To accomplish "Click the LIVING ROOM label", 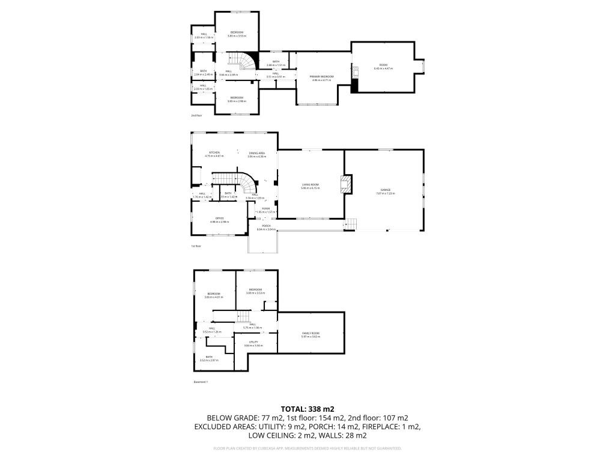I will tap(311, 186).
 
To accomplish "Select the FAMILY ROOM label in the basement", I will tap(311, 334).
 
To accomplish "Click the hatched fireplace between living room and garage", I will tap(346, 184).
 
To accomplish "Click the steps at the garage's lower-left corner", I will tap(350, 224).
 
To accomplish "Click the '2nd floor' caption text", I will tap(196, 115).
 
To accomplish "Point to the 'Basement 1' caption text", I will tap(200, 382).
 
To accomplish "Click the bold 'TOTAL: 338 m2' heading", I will tap(307, 409).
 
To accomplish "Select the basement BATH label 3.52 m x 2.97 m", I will tap(209, 358).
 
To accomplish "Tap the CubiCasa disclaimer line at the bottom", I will tap(307, 448).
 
